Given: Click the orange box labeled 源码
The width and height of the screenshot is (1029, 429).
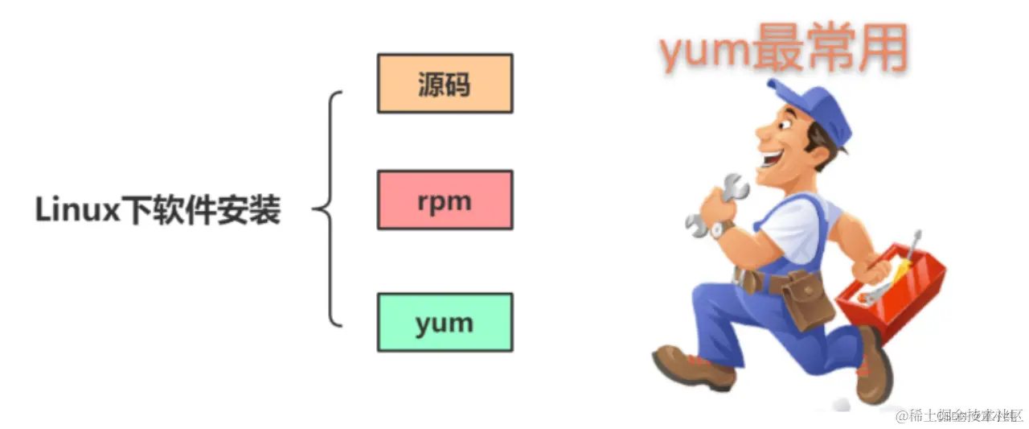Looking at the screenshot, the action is (x=445, y=83).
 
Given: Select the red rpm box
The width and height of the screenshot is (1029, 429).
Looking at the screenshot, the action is (x=445, y=200).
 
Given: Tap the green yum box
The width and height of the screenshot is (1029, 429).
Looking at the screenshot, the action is (x=445, y=322).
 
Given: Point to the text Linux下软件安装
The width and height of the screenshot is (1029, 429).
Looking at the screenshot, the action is (x=158, y=212).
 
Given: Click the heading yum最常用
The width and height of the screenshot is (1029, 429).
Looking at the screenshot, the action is (x=783, y=51).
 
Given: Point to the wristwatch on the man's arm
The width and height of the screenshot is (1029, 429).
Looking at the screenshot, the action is (x=720, y=229).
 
